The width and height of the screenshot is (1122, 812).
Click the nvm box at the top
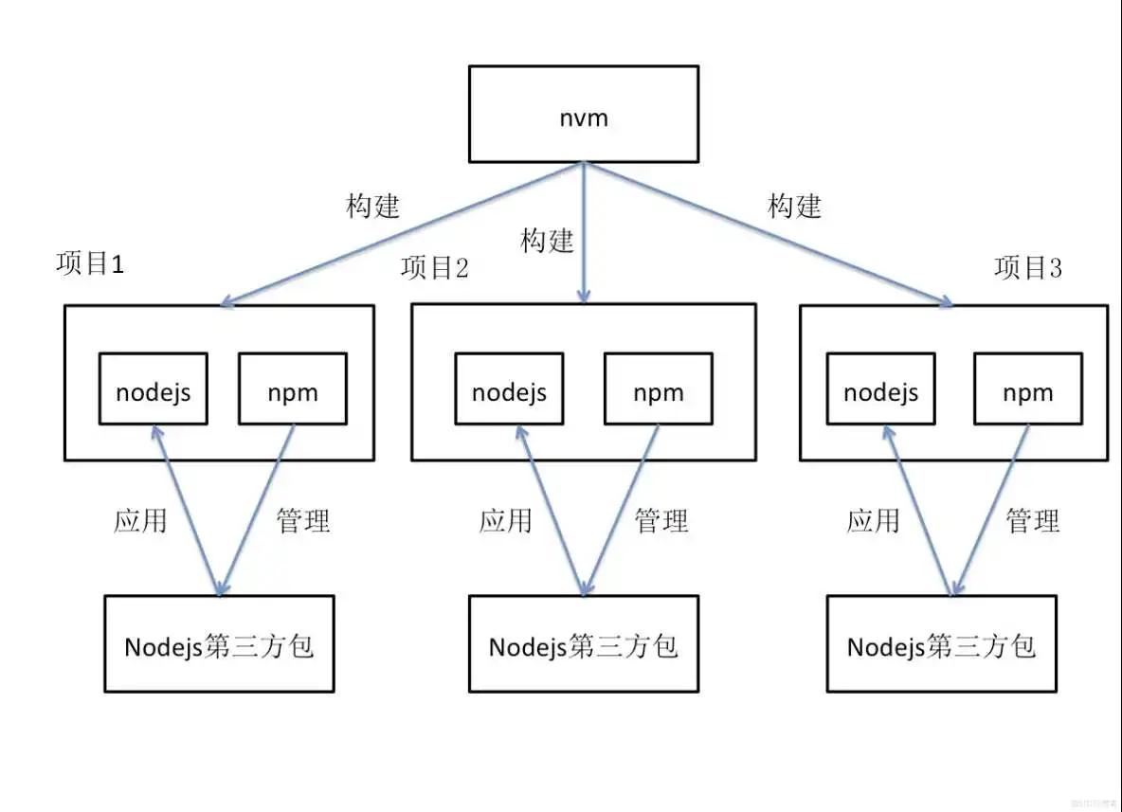[584, 114]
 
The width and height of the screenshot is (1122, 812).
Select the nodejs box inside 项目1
[154, 388]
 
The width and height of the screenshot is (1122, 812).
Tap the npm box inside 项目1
[293, 388]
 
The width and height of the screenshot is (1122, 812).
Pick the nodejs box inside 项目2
[509, 388]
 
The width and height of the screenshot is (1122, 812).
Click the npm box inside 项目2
[658, 388]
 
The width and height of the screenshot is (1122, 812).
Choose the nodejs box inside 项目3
[880, 388]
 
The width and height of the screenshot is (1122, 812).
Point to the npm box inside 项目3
[1028, 388]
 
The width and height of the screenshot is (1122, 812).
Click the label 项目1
[90, 264]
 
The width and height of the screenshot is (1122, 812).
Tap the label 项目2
[434, 269]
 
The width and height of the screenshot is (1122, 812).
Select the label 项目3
[1028, 269]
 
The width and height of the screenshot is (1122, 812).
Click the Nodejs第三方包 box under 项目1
[219, 644]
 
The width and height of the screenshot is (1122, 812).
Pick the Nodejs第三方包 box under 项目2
[584, 644]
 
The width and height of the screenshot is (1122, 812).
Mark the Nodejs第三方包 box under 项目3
[941, 644]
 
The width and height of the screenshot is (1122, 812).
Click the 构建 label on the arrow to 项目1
[373, 207]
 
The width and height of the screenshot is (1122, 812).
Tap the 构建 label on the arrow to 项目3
[794, 207]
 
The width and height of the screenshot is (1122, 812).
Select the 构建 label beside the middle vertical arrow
[547, 241]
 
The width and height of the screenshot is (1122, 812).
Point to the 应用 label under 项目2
[505, 520]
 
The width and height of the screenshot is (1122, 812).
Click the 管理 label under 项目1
[303, 520]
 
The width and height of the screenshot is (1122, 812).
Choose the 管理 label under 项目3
[1032, 520]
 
